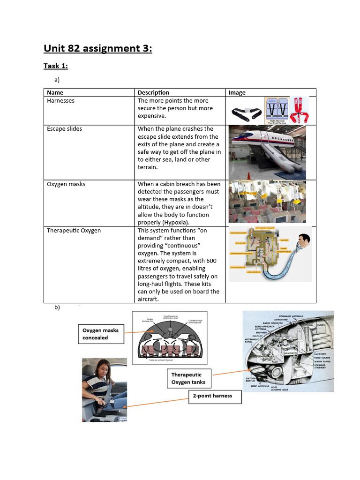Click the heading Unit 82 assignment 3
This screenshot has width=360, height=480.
coord(98,48)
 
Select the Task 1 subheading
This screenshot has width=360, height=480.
coord(56,66)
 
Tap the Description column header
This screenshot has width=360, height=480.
coord(153,92)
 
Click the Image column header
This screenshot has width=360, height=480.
coord(237,92)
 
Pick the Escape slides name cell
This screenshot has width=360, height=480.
coord(64,128)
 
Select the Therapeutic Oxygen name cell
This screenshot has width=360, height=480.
coord(74,230)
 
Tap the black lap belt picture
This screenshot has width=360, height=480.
coord(247,113)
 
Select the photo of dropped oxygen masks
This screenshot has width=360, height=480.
coord(267,202)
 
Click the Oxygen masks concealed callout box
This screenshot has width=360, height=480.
coord(100,334)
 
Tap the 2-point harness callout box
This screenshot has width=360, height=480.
coord(212,396)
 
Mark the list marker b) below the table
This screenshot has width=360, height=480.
coord(57,307)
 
